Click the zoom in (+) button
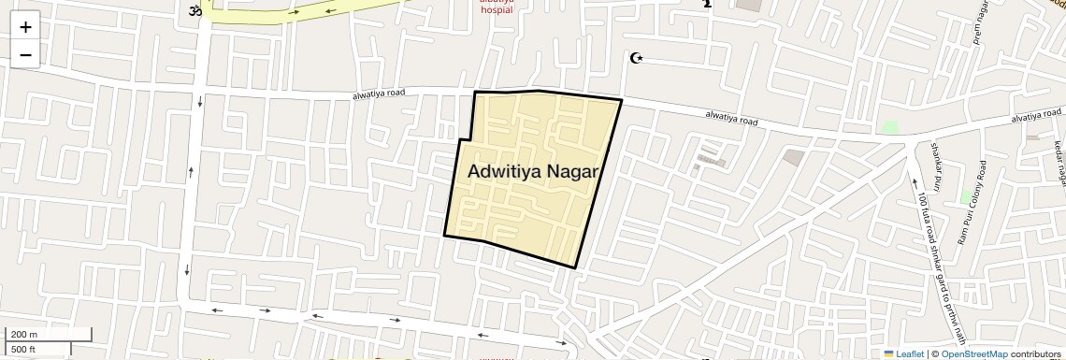click(x=25, y=26)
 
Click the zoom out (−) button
click(x=25, y=55)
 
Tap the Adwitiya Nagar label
click(x=532, y=172)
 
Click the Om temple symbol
click(x=195, y=11)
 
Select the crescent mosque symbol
click(x=638, y=59)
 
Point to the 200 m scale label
click(x=24, y=335)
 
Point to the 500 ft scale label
click(x=23, y=350)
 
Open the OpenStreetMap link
click(x=973, y=354)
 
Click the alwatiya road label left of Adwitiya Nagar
click(x=378, y=95)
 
